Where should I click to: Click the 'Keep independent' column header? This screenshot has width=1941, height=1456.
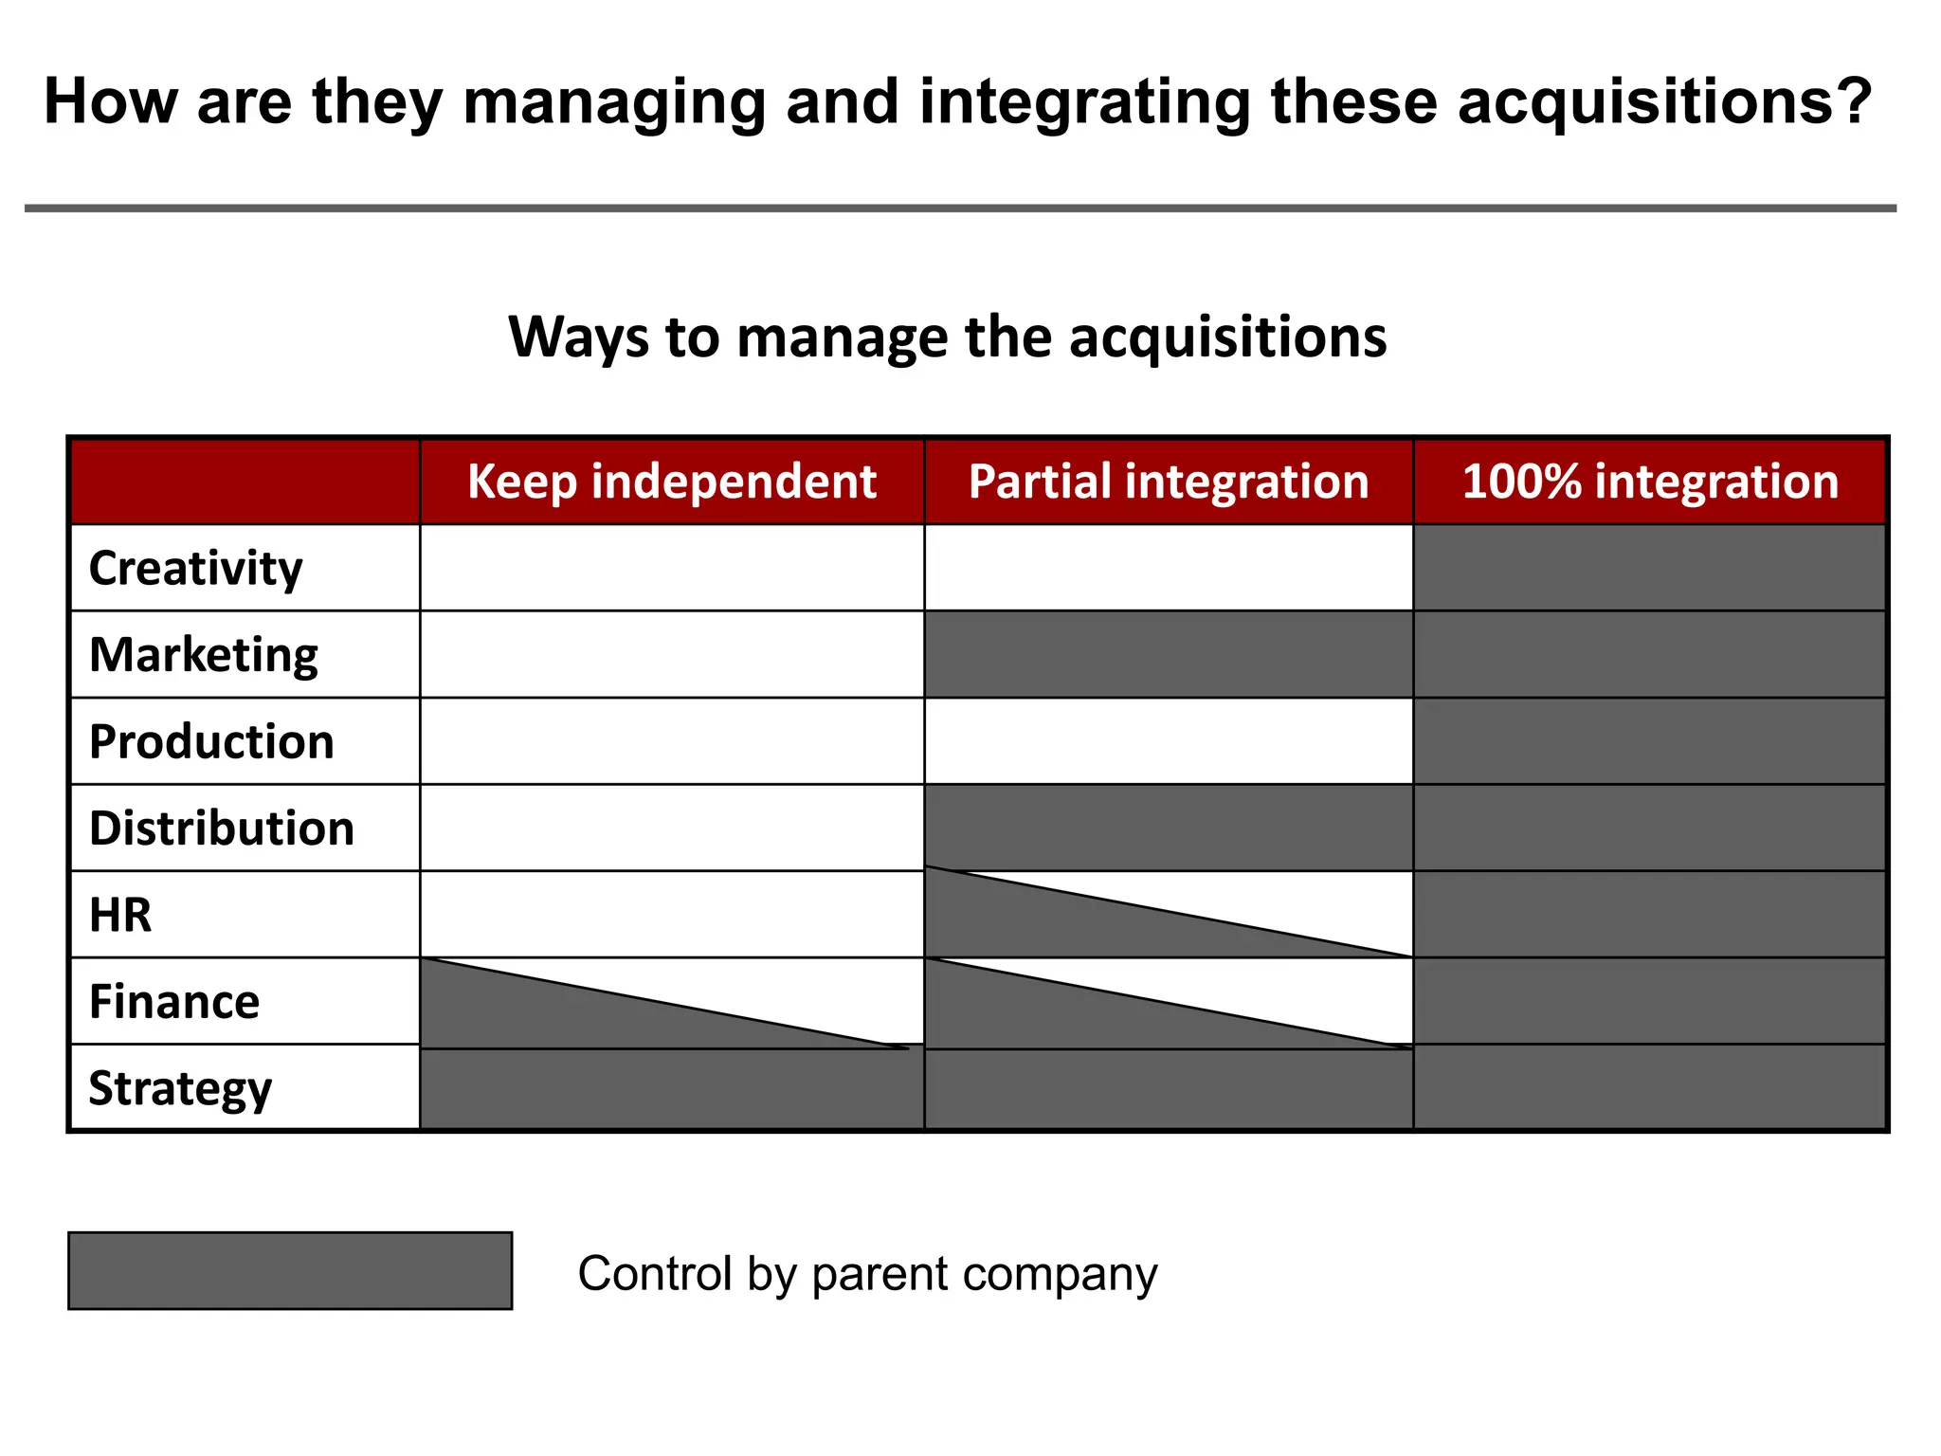click(x=671, y=482)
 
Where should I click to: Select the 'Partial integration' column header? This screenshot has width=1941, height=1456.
click(x=1168, y=482)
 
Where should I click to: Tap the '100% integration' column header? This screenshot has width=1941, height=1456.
click(x=1649, y=482)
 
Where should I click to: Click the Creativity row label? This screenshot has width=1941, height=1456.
click(x=196, y=569)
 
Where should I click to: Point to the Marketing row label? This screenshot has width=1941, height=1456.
click(x=204, y=655)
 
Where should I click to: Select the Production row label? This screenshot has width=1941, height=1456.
click(x=211, y=741)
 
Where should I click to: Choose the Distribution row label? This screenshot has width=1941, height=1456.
click(x=222, y=828)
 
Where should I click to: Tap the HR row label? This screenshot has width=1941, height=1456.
click(x=120, y=915)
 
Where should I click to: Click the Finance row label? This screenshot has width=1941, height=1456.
click(x=174, y=1002)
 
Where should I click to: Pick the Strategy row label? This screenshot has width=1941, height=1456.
click(x=180, y=1088)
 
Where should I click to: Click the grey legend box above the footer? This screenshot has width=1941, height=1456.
click(x=290, y=1271)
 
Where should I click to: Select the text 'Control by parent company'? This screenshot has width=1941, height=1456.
click(x=867, y=1273)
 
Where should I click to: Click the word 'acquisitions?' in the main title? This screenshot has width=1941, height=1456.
click(x=1664, y=101)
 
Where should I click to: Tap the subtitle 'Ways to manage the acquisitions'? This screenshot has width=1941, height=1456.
click(x=947, y=337)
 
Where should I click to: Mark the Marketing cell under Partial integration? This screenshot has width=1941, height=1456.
click(x=1168, y=655)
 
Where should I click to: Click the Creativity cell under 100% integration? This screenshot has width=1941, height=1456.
click(x=1649, y=569)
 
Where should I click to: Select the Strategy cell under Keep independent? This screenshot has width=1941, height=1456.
click(x=671, y=1090)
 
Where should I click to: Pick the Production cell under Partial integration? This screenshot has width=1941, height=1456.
click(x=1168, y=741)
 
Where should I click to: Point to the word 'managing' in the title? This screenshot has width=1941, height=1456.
click(x=614, y=101)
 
